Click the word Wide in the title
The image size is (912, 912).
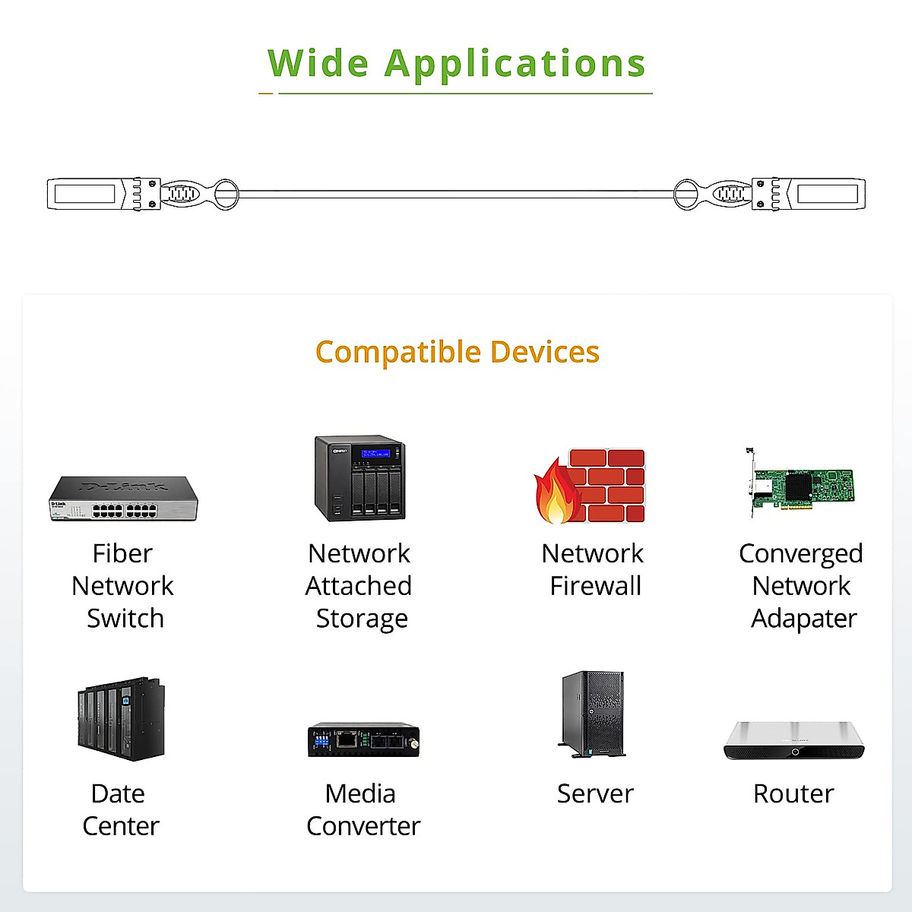tap(318, 63)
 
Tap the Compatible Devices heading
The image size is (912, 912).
tap(458, 352)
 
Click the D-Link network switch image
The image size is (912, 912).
tap(123, 499)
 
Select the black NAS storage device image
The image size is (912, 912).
tap(360, 478)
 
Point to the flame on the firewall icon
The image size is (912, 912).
tap(557, 492)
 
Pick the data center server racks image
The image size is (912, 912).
tap(121, 719)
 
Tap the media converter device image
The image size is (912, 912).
tap(363, 739)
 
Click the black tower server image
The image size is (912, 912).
tap(593, 714)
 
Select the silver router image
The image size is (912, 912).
tap(794, 741)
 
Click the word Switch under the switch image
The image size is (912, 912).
tap(125, 618)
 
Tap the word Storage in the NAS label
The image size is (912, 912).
tap(362, 619)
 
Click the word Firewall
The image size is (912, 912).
tap(595, 586)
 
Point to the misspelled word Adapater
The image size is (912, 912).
tap(804, 619)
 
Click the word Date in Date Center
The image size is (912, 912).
tap(118, 793)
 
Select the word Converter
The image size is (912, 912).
tap(363, 826)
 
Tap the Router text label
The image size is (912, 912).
tap(793, 793)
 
